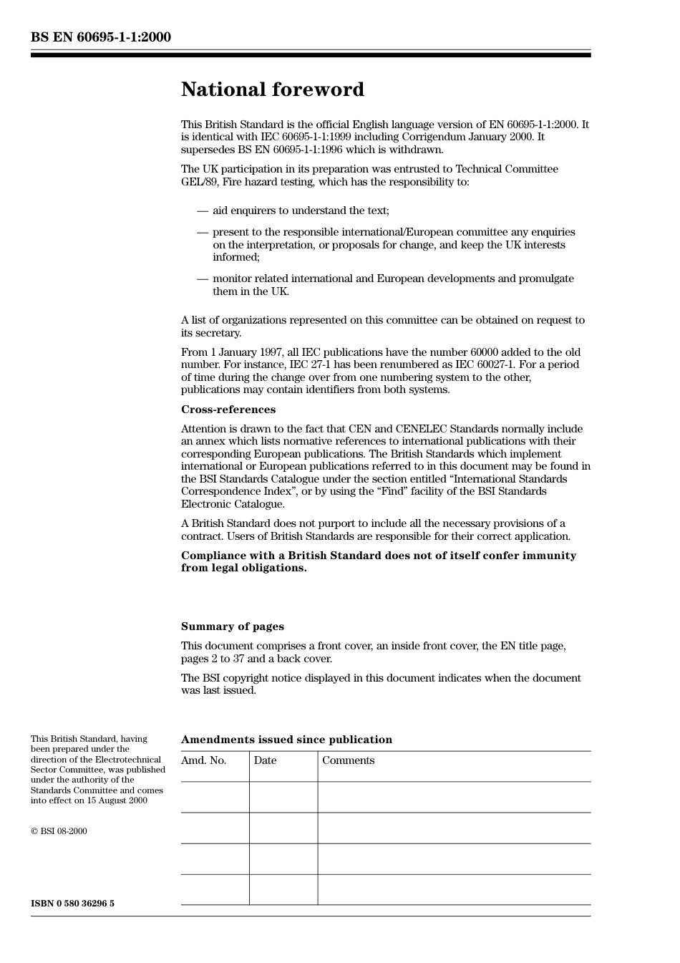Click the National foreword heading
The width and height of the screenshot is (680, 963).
tap(272, 89)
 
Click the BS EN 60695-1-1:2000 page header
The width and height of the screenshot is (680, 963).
tap(100, 37)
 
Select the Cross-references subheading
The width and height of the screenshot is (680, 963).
tap(228, 410)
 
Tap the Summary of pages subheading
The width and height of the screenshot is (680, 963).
tap(232, 626)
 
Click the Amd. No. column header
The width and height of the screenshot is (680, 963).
tap(203, 760)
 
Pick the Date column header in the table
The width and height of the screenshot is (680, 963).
tap(265, 760)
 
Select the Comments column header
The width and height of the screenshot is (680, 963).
tap(348, 760)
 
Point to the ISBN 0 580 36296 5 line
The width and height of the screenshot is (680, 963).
tap(72, 904)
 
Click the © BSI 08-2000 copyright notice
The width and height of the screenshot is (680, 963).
tap(59, 831)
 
